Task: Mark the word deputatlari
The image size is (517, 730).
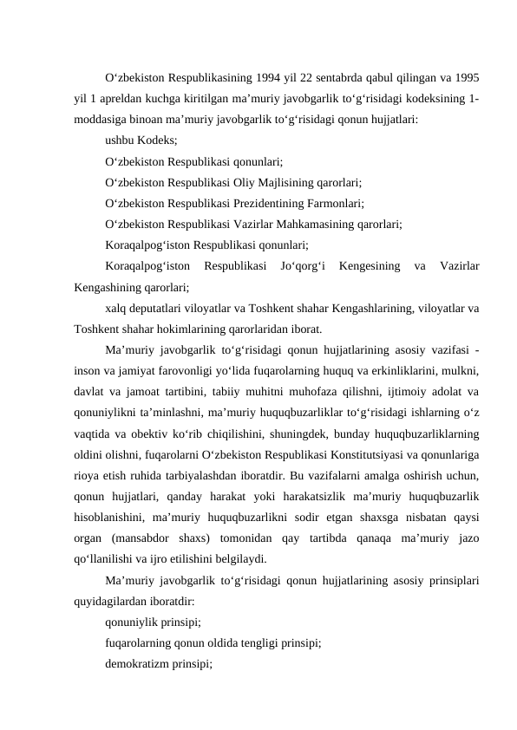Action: coord(159,309)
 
